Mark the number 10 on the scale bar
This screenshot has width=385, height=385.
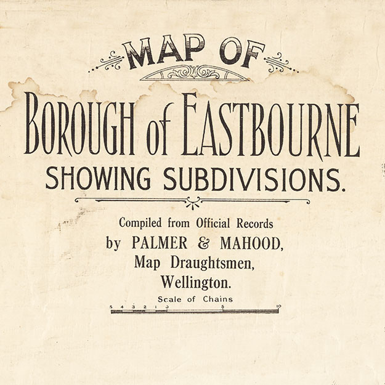click(278, 306)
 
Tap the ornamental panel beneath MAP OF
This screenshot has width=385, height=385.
click(195, 73)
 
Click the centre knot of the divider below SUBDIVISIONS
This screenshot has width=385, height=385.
click(193, 200)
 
